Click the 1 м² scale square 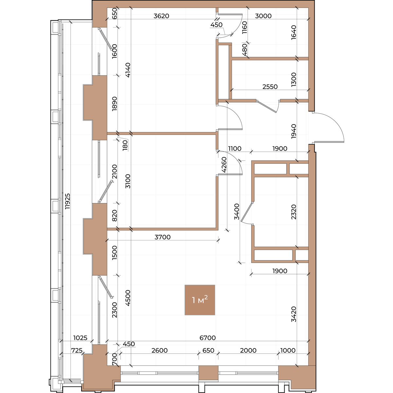click(200, 300)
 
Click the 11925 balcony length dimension click(67, 201)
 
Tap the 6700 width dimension click(207, 338)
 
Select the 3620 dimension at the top click(161, 16)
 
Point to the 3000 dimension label click(263, 16)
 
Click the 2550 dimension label click(270, 87)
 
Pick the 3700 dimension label click(162, 237)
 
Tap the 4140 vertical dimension click(128, 70)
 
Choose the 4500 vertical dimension click(128, 298)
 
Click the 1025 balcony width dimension click(80, 338)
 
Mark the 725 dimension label click(77, 350)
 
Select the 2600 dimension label click(159, 350)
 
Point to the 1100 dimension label click(235, 148)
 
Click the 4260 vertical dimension click(224, 165)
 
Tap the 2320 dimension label click(294, 212)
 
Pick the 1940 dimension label click(294, 131)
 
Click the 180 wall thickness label click(125, 145)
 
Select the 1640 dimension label click(294, 32)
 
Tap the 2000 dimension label click(248, 350)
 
